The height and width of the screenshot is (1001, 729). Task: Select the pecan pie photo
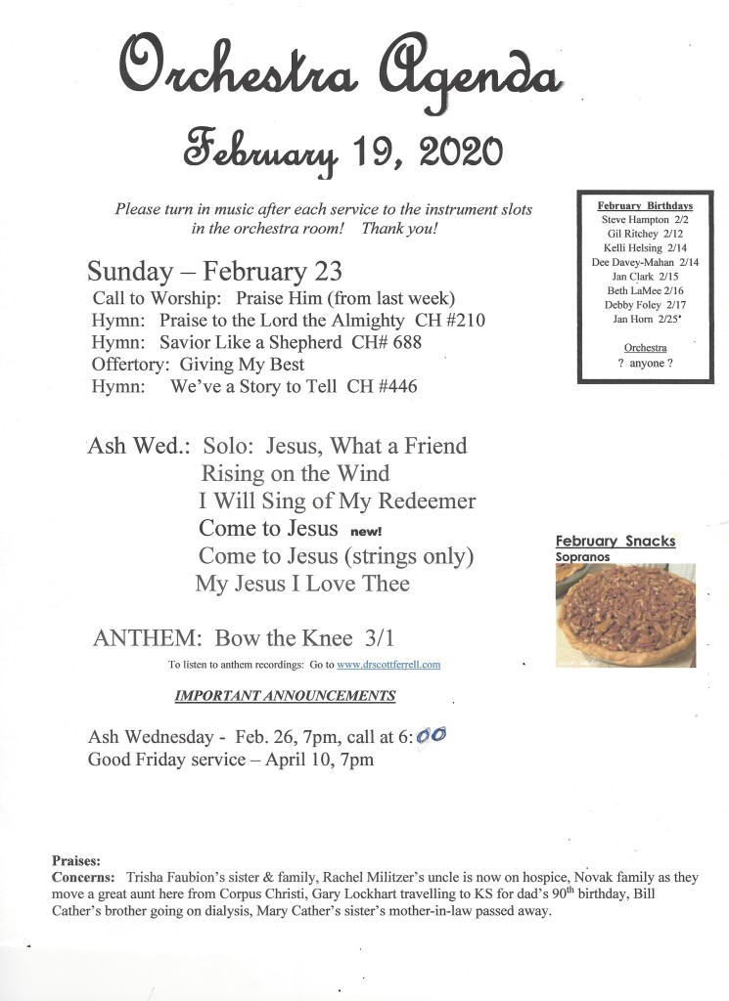click(625, 614)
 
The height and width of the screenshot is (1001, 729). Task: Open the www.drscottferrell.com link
click(388, 665)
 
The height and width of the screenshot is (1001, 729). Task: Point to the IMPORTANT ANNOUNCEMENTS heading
click(285, 696)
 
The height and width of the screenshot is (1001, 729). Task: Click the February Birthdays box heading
click(645, 206)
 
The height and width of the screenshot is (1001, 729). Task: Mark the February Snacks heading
click(615, 541)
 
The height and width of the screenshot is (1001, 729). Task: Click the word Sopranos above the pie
click(583, 557)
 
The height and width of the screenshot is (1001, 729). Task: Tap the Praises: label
click(75, 861)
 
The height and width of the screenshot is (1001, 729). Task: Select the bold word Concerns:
click(85, 878)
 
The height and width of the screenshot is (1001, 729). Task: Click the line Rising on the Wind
click(295, 474)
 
